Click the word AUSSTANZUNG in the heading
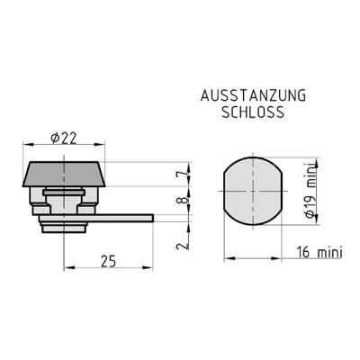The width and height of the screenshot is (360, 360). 254,95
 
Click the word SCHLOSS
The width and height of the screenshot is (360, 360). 253,112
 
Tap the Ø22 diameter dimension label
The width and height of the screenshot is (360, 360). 64,138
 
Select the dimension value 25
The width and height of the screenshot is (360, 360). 108,261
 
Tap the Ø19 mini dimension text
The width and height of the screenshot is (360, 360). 310,191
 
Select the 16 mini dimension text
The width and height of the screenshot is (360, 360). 319,252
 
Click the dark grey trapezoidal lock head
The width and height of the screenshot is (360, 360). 64,175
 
